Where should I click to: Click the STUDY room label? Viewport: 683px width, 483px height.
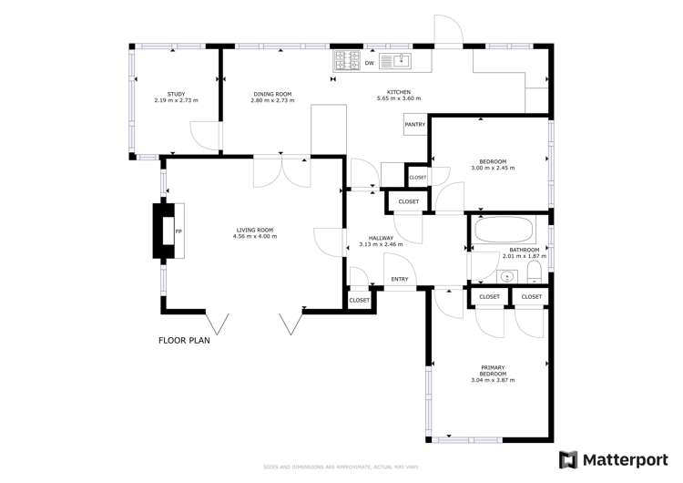pyautogui.click(x=176, y=93)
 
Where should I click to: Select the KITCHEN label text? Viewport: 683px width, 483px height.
pyautogui.click(x=399, y=92)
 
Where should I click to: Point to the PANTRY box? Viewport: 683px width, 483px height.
pyautogui.click(x=415, y=125)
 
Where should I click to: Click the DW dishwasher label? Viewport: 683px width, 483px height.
pyautogui.click(x=369, y=63)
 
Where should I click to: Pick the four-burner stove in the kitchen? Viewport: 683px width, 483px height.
pyautogui.click(x=346, y=61)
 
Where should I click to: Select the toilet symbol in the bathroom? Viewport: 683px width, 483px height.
pyautogui.click(x=534, y=276)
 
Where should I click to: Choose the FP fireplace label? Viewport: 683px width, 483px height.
pyautogui.click(x=178, y=231)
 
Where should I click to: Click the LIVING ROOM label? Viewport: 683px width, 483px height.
pyautogui.click(x=255, y=230)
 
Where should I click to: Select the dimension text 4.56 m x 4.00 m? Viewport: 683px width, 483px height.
pyautogui.click(x=255, y=237)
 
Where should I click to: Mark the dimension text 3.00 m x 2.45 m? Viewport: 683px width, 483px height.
pyautogui.click(x=493, y=168)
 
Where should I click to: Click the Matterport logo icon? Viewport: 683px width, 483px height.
pyautogui.click(x=568, y=460)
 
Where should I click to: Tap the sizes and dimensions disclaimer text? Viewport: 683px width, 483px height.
pyautogui.click(x=341, y=468)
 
